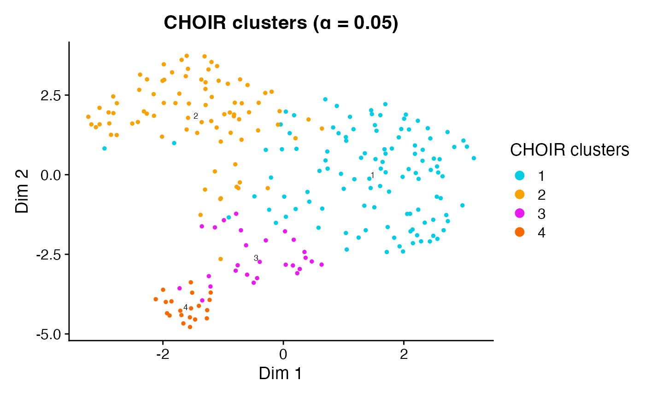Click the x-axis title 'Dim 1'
tap(280, 373)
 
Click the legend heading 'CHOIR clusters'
tap(569, 150)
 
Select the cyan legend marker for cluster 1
tap(520, 175)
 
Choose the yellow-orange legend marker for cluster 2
tap(520, 195)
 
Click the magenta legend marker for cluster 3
tap(520, 213)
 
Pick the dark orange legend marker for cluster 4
tap(520, 233)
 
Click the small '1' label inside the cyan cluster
tap(372, 175)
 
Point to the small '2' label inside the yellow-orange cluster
tap(195, 116)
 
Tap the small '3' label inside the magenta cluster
tap(256, 258)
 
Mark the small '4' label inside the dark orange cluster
tap(185, 307)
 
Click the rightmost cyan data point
tap(474, 158)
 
